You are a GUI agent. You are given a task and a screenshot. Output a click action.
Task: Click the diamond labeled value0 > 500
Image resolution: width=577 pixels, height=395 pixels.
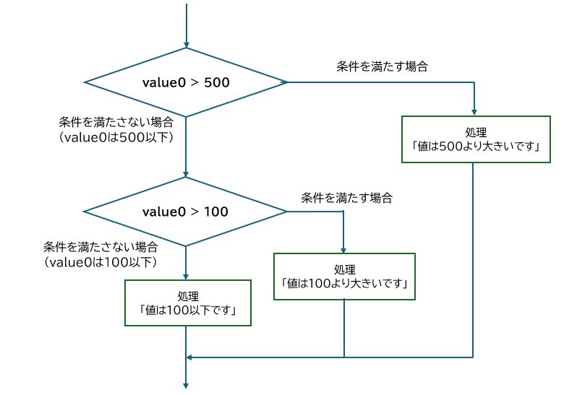pyautogui.click(x=186, y=82)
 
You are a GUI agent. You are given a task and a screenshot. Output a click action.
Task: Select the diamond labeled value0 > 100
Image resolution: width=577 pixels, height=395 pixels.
pyautogui.click(x=186, y=212)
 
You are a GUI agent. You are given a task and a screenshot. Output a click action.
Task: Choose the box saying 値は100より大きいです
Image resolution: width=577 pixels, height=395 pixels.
pyautogui.click(x=344, y=276)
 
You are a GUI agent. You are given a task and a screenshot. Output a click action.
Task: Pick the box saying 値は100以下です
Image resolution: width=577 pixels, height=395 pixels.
pyautogui.click(x=189, y=303)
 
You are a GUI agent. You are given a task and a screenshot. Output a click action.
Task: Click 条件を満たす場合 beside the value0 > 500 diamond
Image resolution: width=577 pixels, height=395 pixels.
pyautogui.click(x=382, y=66)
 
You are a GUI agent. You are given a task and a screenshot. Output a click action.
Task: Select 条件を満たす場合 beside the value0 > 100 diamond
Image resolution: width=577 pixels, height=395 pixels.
pyautogui.click(x=347, y=196)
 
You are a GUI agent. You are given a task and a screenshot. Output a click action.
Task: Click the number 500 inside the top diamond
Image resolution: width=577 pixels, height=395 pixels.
pyautogui.click(x=217, y=82)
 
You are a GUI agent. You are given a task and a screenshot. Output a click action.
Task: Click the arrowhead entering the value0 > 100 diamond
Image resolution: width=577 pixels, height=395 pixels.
pyautogui.click(x=186, y=173)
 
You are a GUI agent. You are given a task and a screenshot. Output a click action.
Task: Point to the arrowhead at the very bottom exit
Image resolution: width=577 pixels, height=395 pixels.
pyautogui.click(x=186, y=384)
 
